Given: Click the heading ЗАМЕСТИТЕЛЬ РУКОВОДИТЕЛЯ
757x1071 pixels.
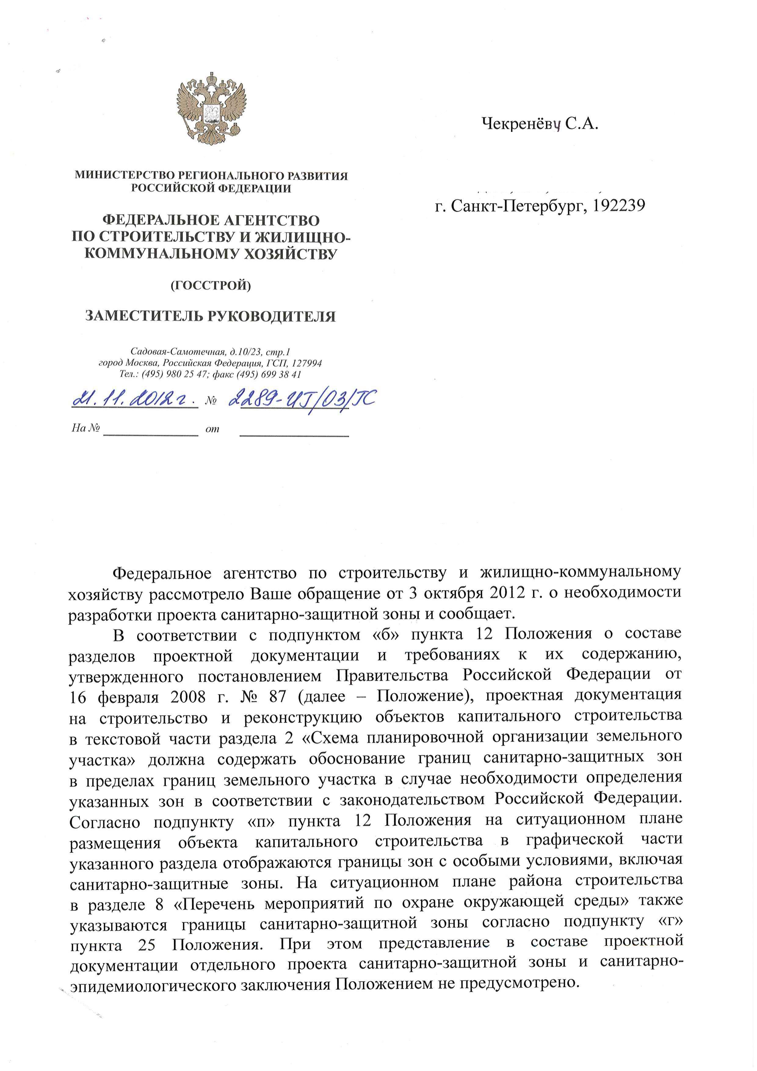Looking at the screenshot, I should coord(210,316).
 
